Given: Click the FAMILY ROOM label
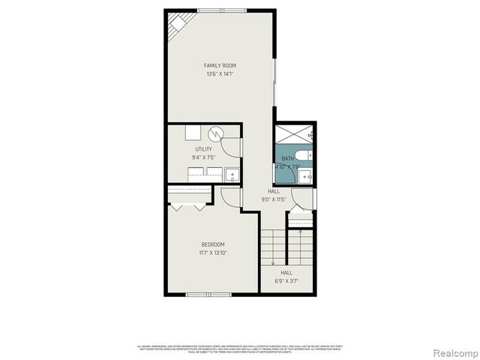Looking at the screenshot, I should pyautogui.click(x=220, y=66).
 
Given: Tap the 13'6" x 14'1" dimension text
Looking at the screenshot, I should pyautogui.click(x=220, y=74).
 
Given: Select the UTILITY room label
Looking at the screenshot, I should pyautogui.click(x=203, y=149).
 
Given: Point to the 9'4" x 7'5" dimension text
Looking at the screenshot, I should pyautogui.click(x=203, y=157).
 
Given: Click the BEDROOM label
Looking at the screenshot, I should pyautogui.click(x=212, y=244).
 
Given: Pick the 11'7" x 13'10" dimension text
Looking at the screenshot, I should pyautogui.click(x=212, y=253).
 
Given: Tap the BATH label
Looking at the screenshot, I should pyautogui.click(x=288, y=158).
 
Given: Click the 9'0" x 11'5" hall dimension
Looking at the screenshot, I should pyautogui.click(x=274, y=200).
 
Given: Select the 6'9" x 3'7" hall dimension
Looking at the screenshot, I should pyautogui.click(x=286, y=281).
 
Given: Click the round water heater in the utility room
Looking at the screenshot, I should pyautogui.click(x=217, y=134).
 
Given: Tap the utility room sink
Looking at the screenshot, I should pyautogui.click(x=232, y=176).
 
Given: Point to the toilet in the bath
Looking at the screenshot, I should pyautogui.click(x=304, y=157).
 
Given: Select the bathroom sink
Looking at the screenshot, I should pyautogui.click(x=304, y=177).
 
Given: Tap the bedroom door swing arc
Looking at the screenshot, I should pyautogui.click(x=230, y=197).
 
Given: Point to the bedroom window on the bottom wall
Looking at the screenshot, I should pyautogui.click(x=208, y=294).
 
